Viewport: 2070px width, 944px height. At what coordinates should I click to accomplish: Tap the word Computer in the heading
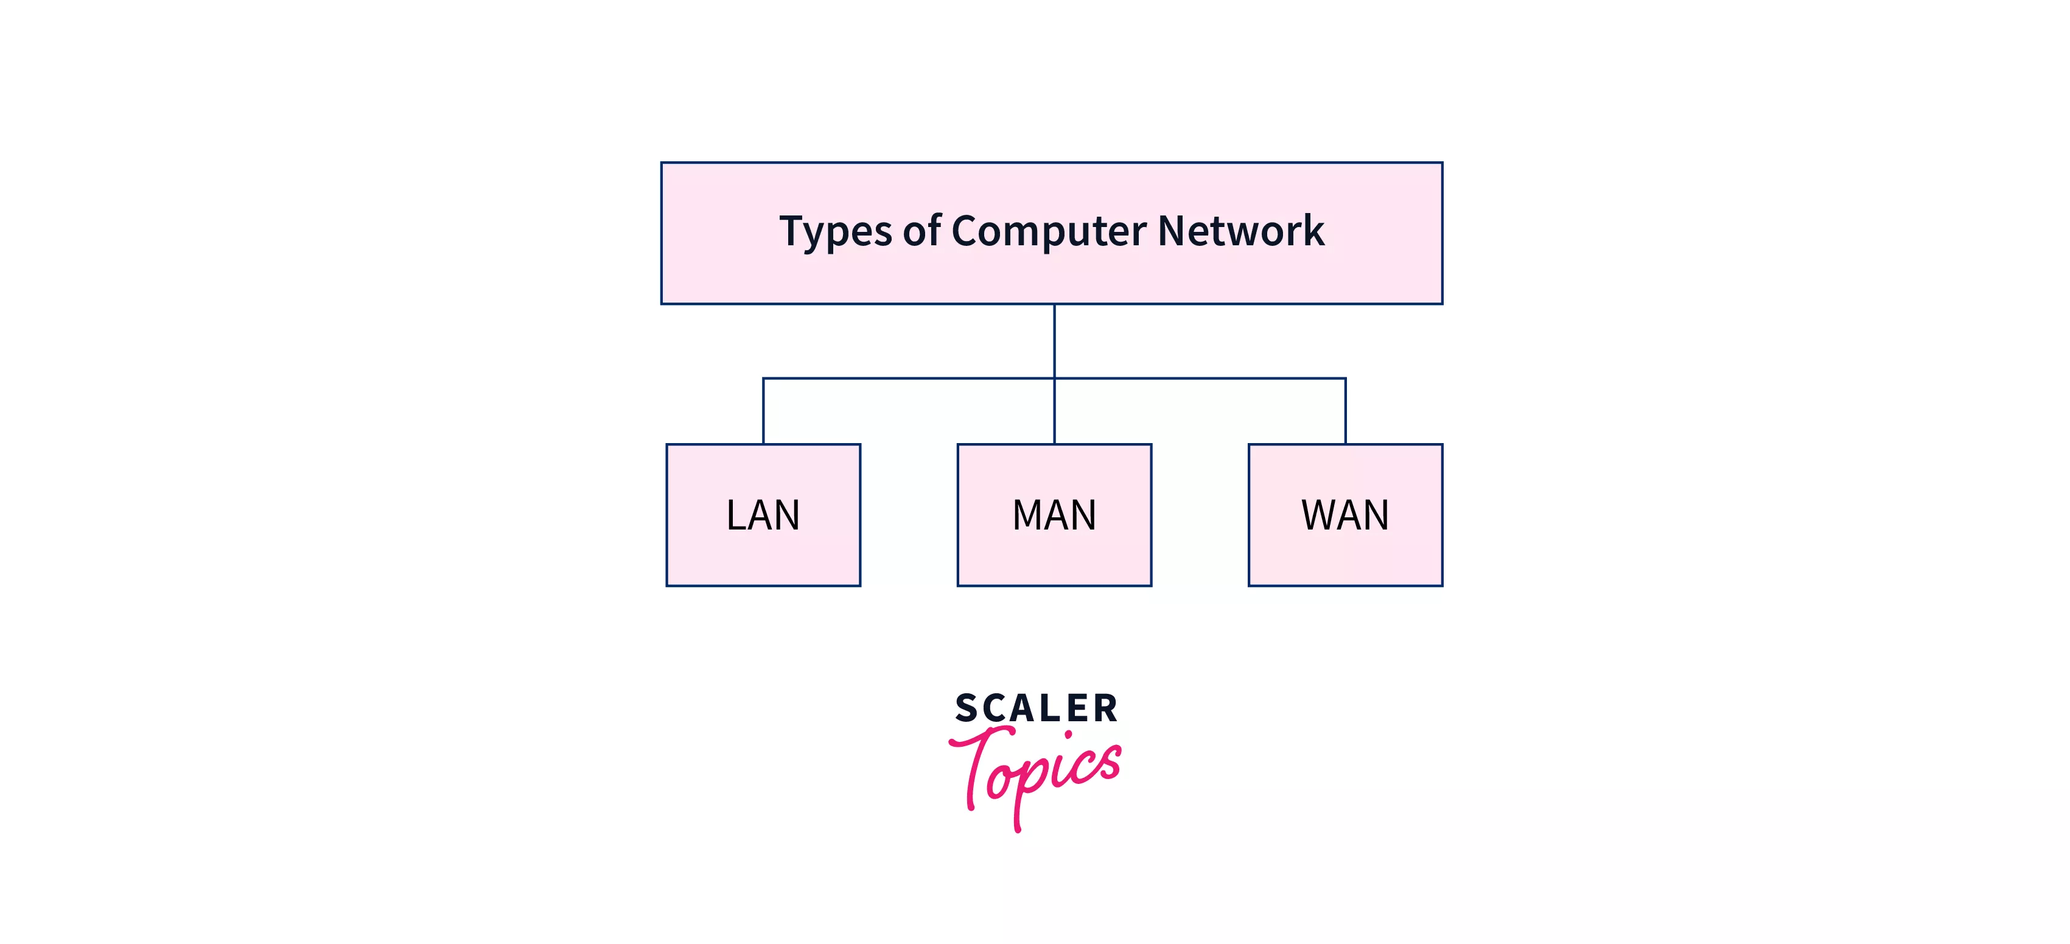(1049, 231)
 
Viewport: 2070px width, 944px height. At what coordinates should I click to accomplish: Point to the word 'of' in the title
(921, 231)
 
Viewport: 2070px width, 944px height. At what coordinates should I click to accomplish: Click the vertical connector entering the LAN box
(763, 411)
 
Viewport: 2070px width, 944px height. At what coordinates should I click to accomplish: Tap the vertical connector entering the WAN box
(1345, 411)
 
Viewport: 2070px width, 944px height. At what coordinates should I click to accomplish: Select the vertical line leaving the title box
(1054, 341)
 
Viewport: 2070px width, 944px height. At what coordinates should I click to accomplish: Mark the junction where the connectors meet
(1054, 379)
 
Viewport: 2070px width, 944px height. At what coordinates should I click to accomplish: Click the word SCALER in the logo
(1036, 708)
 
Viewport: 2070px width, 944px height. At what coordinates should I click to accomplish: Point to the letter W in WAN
(1320, 515)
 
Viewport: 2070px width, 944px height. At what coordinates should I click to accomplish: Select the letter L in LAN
(735, 515)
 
